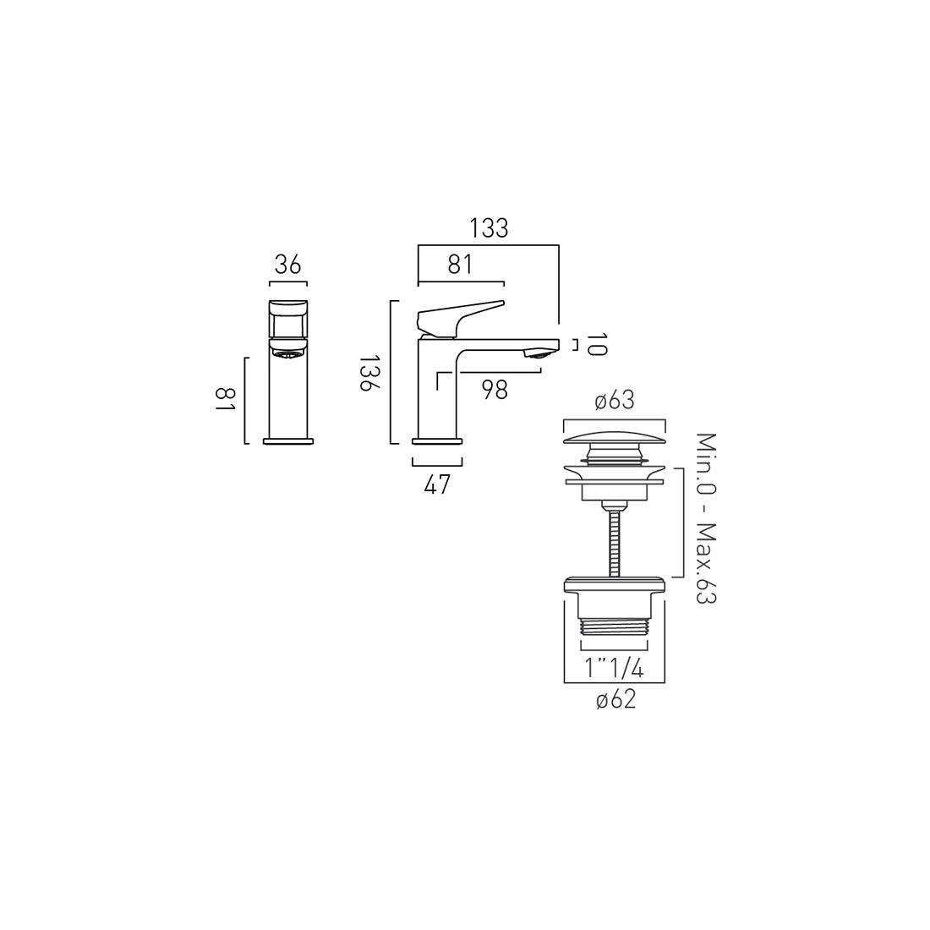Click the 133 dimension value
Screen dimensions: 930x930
point(489,228)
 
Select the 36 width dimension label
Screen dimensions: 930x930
point(288,265)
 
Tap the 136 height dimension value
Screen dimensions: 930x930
point(368,373)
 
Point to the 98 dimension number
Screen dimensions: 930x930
point(495,390)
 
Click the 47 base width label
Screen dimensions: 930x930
point(438,484)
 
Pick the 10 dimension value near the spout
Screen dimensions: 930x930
point(597,345)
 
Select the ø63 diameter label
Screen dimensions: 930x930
point(615,401)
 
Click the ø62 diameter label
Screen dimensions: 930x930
point(615,700)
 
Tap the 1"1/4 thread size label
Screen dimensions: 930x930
point(615,669)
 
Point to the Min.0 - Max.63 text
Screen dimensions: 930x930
point(706,518)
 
